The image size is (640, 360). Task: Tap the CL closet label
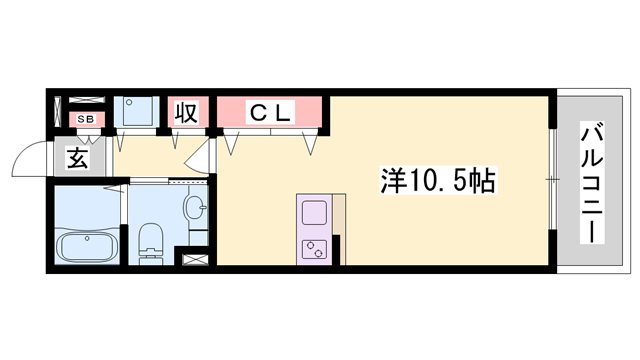pos(269,113)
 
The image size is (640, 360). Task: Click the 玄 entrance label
pos(78,157)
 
